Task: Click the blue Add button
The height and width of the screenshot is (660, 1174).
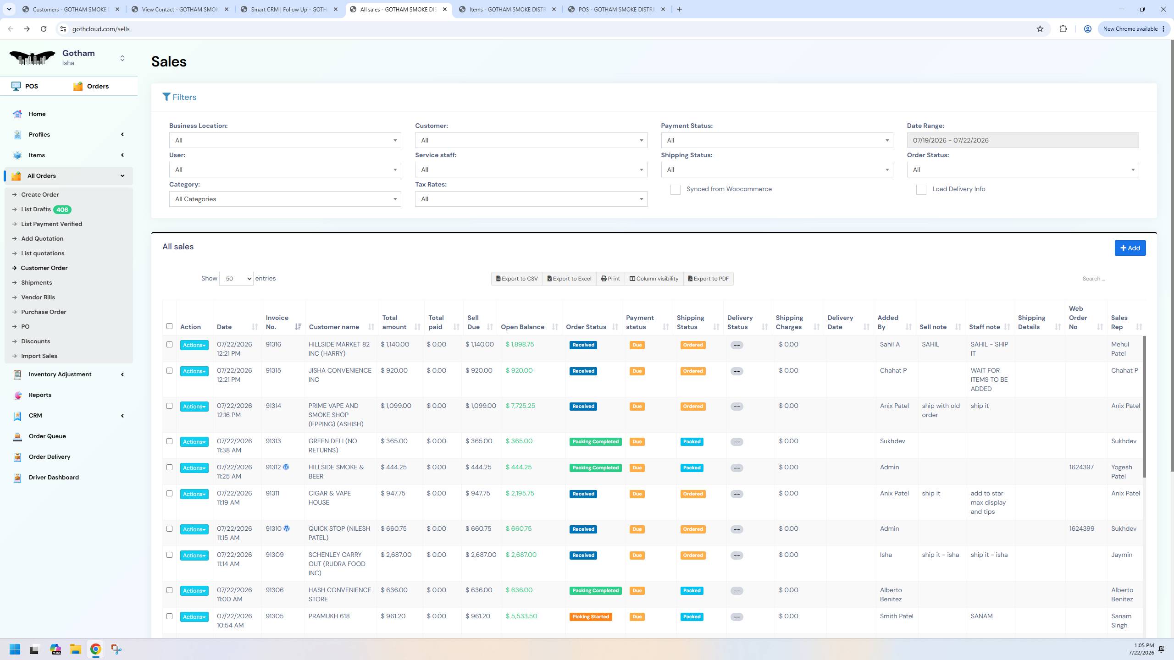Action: pyautogui.click(x=1130, y=248)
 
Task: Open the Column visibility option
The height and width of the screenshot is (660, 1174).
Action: pyautogui.click(x=654, y=279)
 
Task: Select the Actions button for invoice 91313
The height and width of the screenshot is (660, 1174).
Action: pyautogui.click(x=194, y=442)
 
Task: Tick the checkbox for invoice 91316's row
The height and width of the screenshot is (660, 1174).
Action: pyautogui.click(x=169, y=345)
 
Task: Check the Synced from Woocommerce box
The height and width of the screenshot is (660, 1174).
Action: pyautogui.click(x=675, y=190)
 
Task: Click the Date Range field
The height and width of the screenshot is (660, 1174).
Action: pyautogui.click(x=1023, y=140)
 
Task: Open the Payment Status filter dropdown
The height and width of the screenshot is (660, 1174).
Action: pyautogui.click(x=777, y=140)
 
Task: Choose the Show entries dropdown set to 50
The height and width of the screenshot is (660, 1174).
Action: pyautogui.click(x=236, y=279)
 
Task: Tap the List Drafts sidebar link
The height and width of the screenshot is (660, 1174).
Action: pyautogui.click(x=36, y=209)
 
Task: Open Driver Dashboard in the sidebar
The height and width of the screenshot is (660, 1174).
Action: pyautogui.click(x=54, y=478)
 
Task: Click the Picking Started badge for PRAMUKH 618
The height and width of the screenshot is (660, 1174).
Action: pyautogui.click(x=591, y=617)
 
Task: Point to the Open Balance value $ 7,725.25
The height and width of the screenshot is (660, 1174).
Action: pyautogui.click(x=521, y=406)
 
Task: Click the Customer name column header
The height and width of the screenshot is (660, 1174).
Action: pyautogui.click(x=334, y=327)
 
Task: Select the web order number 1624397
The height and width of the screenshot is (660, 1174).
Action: pyautogui.click(x=1081, y=467)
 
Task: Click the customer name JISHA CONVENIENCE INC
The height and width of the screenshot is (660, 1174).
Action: pyautogui.click(x=340, y=375)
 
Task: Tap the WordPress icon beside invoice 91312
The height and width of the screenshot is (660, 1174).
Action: pyautogui.click(x=286, y=467)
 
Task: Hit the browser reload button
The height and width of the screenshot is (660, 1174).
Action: pyautogui.click(x=44, y=29)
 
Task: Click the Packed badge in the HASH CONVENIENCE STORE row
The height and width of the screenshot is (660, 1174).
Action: pyautogui.click(x=692, y=591)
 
